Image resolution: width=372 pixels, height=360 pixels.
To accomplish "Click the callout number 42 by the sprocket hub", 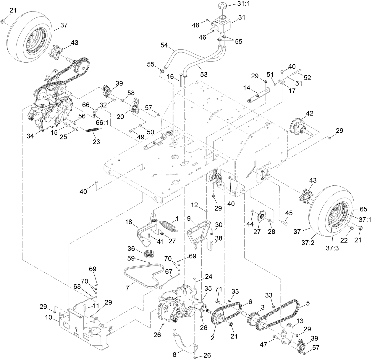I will click(x=310, y=113).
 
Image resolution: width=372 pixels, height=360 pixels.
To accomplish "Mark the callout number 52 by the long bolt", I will click(x=308, y=77).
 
